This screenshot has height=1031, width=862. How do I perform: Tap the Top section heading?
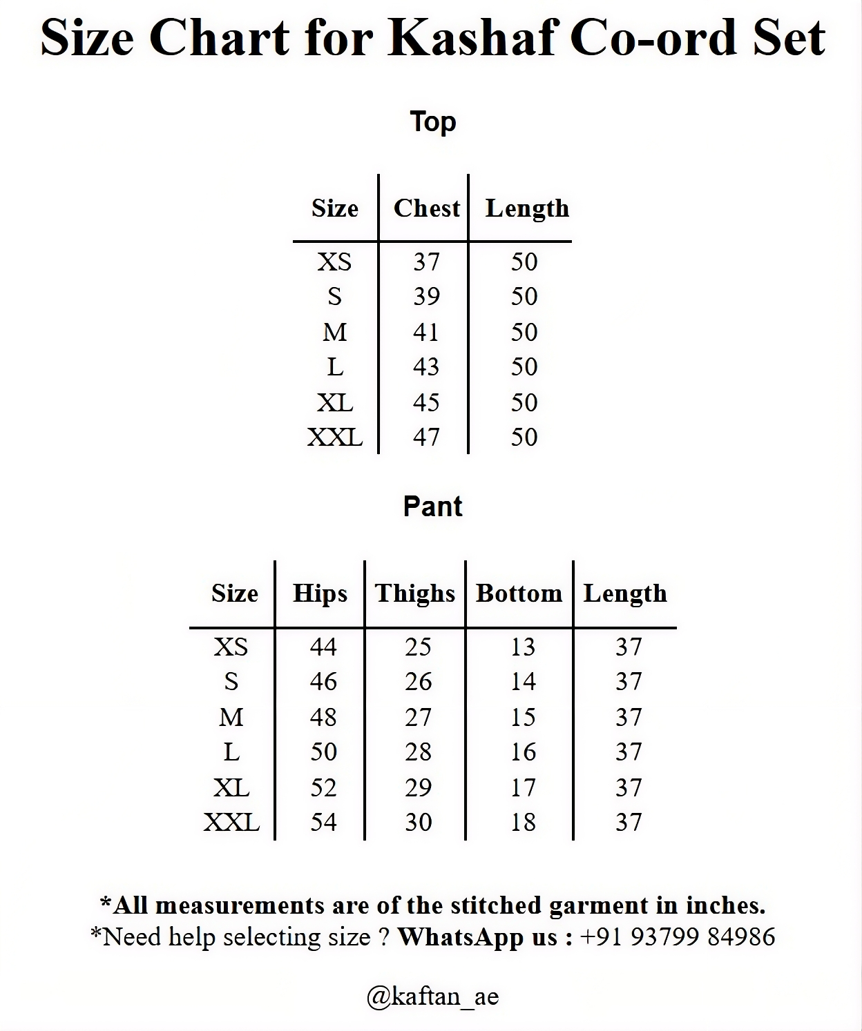point(433,121)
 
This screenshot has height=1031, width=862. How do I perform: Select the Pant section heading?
point(432,507)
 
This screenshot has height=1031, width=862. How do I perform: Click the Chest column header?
point(426,208)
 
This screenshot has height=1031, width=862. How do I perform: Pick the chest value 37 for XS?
point(426,262)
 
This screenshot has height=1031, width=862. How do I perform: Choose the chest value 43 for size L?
point(426,366)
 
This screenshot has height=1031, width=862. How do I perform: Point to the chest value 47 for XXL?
point(426,437)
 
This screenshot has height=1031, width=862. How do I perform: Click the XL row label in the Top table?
point(335,402)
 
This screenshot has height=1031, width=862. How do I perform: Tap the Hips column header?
point(320,593)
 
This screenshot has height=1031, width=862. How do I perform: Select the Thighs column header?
point(415,593)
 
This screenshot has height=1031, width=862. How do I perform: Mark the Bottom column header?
point(519,593)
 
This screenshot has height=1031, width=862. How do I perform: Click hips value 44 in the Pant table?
point(323,647)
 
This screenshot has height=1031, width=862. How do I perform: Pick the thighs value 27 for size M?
point(418,717)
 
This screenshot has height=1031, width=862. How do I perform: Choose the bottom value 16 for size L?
point(523,752)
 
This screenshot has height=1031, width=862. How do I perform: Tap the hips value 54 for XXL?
point(323,822)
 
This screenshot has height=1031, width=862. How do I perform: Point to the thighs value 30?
point(418,822)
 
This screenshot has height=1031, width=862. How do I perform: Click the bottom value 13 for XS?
point(523,647)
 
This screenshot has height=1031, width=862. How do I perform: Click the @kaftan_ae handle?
point(432,996)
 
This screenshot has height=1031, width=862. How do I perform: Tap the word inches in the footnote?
point(725,905)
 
